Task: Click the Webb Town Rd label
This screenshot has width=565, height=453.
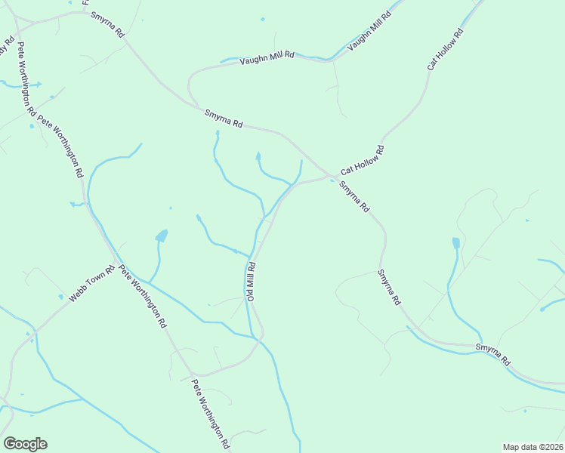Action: click(x=91, y=284)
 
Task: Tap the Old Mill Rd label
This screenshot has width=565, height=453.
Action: click(x=251, y=282)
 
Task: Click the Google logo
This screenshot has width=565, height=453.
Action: click(x=25, y=444)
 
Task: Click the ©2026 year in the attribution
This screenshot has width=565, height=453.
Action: click(x=549, y=446)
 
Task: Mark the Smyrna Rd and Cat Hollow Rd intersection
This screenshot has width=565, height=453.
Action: click(x=331, y=177)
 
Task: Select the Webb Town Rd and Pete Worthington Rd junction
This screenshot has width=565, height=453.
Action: click(x=116, y=265)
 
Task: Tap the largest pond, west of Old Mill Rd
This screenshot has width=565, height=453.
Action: click(x=162, y=236)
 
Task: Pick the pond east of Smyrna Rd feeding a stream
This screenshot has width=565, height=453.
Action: click(x=455, y=243)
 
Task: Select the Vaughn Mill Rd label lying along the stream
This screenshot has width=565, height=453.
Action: click(x=369, y=32)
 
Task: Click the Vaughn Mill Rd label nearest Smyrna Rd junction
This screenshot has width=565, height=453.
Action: click(x=267, y=60)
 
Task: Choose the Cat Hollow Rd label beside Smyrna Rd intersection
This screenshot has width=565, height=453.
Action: click(x=363, y=161)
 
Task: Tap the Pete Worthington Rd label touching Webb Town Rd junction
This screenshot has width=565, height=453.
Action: click(x=143, y=296)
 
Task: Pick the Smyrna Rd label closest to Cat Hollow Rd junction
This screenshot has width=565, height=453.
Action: click(x=354, y=196)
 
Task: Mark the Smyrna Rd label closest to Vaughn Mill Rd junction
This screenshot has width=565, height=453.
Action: click(x=224, y=119)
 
